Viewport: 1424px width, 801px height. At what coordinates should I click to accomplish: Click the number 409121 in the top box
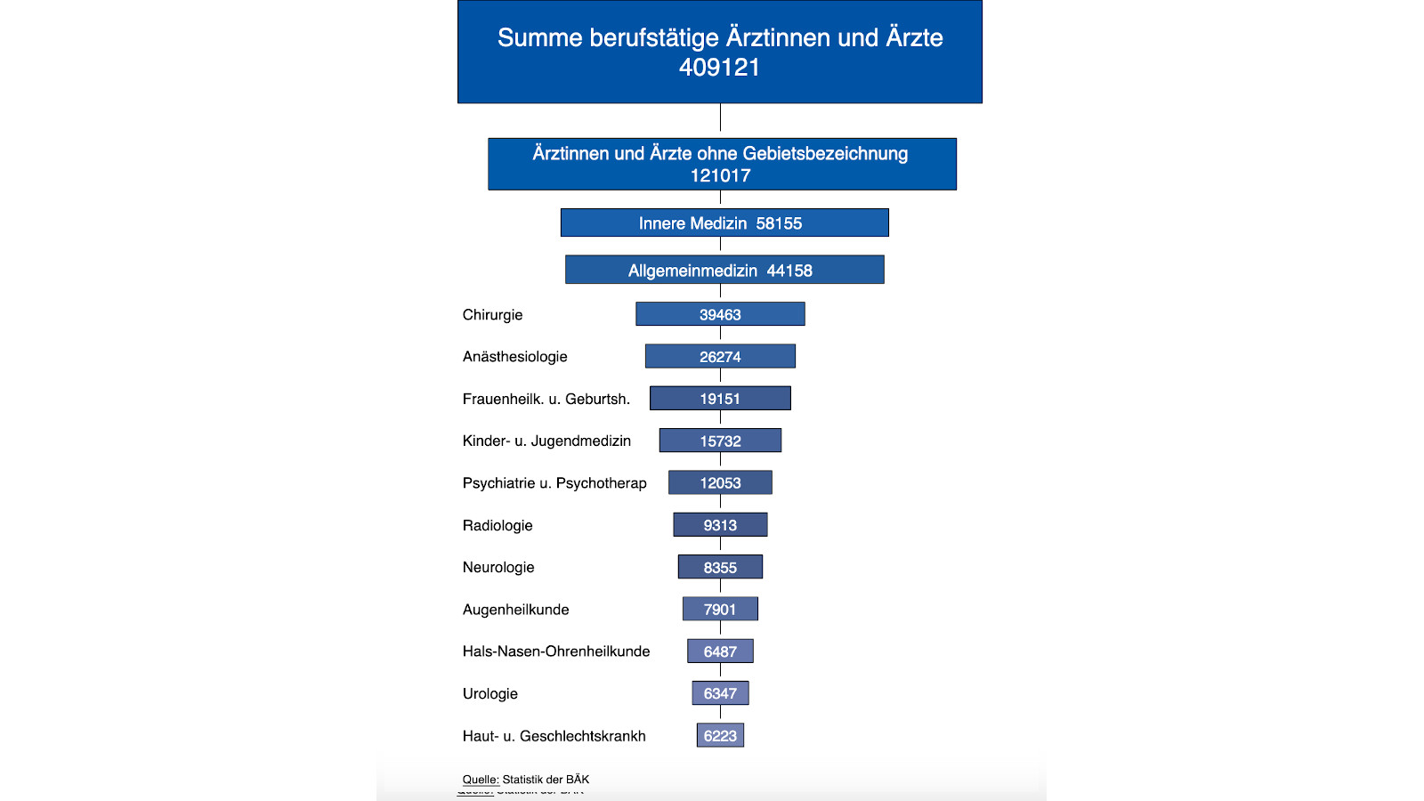click(719, 68)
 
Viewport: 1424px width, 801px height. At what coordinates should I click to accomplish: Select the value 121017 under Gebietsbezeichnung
click(720, 175)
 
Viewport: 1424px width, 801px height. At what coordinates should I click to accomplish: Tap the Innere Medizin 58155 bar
click(724, 222)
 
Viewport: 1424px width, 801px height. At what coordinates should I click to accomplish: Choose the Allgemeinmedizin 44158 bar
click(724, 270)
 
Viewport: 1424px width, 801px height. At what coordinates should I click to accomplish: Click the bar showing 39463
click(720, 314)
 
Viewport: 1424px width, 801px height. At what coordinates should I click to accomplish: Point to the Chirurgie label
click(492, 314)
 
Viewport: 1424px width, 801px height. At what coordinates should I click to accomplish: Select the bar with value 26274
click(720, 356)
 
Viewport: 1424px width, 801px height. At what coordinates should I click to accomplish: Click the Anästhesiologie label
click(514, 356)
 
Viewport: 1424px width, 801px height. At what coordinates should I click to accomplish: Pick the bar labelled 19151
click(720, 398)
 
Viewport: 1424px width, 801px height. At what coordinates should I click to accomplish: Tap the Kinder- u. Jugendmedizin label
click(546, 441)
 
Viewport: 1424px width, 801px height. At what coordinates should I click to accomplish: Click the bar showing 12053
click(720, 482)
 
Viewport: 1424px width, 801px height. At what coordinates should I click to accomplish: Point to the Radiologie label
click(498, 525)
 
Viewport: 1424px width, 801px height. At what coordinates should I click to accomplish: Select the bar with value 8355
click(720, 567)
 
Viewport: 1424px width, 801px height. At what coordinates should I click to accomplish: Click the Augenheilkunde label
click(515, 610)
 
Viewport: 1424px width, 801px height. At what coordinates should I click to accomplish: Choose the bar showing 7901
click(720, 609)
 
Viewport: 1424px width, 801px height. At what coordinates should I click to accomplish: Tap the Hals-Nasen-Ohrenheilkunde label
click(556, 651)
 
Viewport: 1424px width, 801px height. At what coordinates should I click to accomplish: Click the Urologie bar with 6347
click(720, 693)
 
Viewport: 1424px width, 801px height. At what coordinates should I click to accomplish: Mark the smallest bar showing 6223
click(720, 735)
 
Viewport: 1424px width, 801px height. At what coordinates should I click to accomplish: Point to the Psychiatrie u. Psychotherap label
click(554, 482)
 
